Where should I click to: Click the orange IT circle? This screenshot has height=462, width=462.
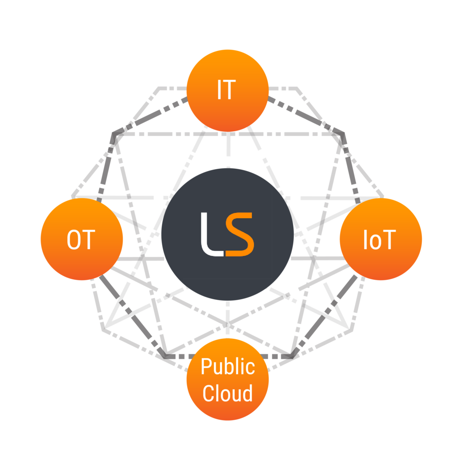227,90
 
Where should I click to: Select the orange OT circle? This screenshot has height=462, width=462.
82,239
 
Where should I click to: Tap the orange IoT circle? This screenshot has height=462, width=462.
381,239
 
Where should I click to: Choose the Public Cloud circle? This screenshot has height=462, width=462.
227,379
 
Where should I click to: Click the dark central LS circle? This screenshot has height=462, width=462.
227,234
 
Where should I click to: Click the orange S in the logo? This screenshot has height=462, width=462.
240,234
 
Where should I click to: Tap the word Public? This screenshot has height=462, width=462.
228,366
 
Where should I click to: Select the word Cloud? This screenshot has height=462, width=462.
227,393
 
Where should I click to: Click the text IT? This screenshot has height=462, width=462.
226,90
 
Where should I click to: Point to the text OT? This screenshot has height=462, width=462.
81,240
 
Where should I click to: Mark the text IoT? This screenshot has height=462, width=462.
379,240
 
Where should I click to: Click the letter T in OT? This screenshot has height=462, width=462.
89,240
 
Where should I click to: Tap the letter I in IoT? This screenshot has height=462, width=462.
365,240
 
